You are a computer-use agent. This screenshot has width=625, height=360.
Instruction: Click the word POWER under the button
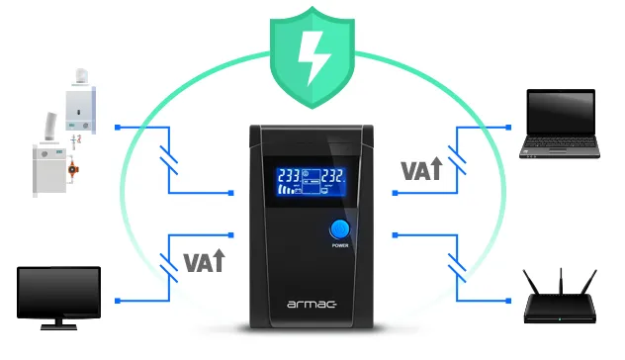pos(339,245)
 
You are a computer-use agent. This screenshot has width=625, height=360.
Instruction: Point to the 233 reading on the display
pos(292,175)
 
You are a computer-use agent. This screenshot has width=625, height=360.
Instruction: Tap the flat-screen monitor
pos(58,295)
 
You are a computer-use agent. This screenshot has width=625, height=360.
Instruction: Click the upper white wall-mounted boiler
pos(80,99)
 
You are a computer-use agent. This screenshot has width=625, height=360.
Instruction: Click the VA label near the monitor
pos(197,262)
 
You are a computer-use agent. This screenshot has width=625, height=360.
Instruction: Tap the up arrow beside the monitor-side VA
pos(218,262)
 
